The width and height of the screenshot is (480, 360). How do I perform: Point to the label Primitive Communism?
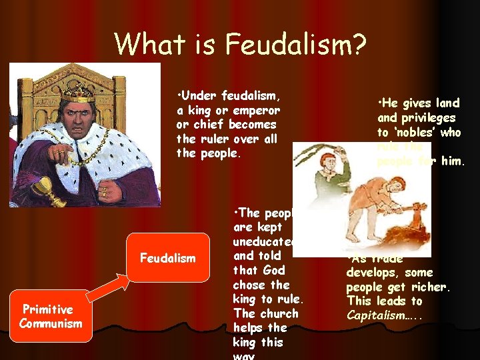pos(51,317)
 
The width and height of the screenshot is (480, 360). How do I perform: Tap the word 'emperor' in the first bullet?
pos(256,110)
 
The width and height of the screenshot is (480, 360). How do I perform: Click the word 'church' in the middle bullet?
pos(277,313)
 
